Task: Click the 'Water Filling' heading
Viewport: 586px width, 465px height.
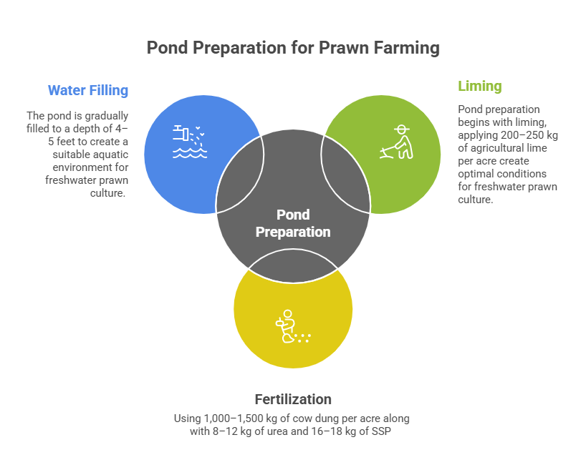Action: [x=87, y=91]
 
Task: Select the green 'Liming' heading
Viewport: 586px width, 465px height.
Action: [x=479, y=87]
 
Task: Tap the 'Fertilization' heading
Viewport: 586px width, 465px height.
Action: [x=293, y=399]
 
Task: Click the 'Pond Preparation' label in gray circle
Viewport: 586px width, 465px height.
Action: [x=293, y=223]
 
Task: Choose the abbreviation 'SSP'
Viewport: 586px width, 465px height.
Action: [x=381, y=431]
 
